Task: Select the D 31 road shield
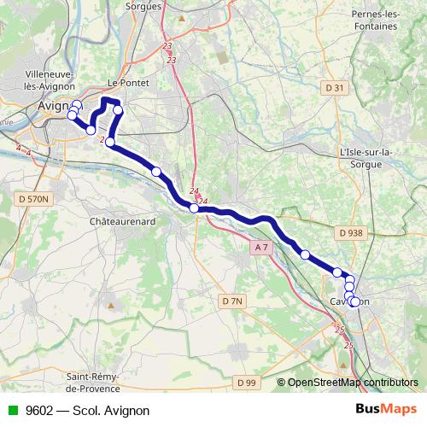coord(335,88)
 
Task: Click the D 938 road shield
coord(350,231)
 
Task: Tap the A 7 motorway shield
coord(260,247)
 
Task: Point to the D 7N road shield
coord(232,301)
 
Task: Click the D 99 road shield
coord(246,381)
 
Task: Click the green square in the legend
coord(13,410)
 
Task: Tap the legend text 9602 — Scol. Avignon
coord(82,410)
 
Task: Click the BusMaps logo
coord(385,410)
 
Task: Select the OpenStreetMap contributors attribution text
coord(353,382)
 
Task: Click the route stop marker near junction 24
coord(194,208)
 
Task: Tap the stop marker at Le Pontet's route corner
coord(119,109)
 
